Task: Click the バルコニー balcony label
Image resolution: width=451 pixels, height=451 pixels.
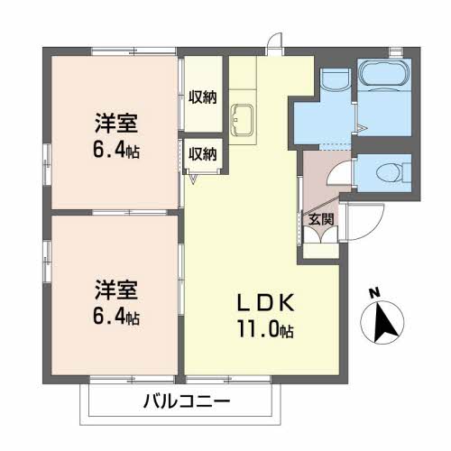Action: [187, 401]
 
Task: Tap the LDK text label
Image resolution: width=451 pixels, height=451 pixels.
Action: [266, 303]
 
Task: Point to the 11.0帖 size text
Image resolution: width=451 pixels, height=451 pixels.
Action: [266, 329]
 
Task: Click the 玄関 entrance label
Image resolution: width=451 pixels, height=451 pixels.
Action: [321, 219]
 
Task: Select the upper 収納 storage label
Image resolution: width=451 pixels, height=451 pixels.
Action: [203, 97]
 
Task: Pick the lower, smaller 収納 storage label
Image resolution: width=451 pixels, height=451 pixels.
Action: [203, 154]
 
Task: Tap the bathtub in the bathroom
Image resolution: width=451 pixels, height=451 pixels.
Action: [384, 74]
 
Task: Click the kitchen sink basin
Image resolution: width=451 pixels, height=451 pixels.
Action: [242, 120]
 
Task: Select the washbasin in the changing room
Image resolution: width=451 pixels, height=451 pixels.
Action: [336, 78]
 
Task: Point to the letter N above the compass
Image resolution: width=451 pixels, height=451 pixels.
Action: [374, 293]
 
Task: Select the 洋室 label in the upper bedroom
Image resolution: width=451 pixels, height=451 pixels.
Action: [116, 123]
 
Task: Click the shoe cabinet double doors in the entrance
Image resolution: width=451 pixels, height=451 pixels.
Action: [321, 235]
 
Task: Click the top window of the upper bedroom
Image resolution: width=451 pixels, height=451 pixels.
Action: [133, 51]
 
